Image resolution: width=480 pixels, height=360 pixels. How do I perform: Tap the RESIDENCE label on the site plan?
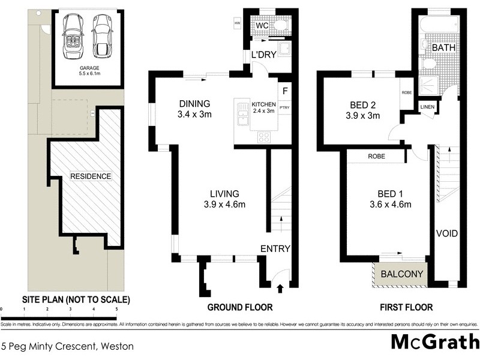91,176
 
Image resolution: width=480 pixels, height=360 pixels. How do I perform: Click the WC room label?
262,26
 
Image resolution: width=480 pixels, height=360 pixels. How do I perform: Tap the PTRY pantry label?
284,108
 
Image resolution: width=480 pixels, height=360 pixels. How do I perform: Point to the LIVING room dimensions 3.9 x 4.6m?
224,205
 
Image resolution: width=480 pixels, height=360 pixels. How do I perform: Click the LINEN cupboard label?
428,107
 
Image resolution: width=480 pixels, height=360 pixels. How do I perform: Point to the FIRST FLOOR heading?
406,307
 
